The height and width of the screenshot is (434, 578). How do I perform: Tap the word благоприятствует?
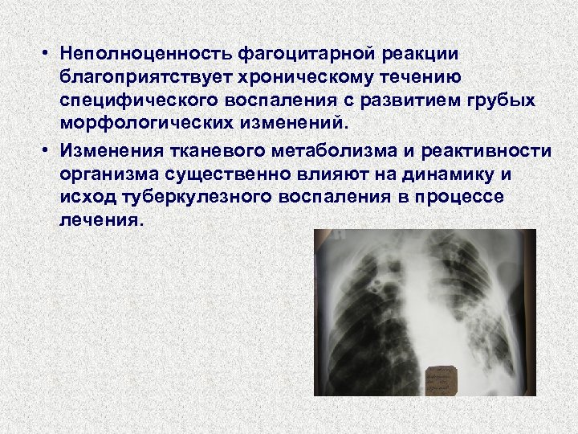coord(142,78)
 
